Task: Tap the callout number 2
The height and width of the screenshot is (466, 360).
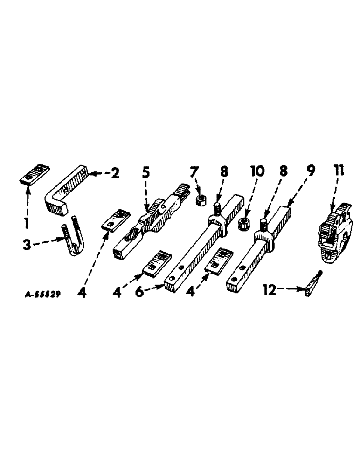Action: coord(113,174)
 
